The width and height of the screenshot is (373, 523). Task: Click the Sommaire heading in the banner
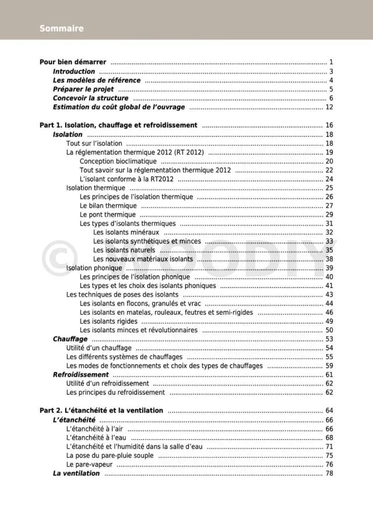point(61,29)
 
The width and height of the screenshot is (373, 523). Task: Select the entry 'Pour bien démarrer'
point(73,62)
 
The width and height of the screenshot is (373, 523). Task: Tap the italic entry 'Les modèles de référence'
point(96,80)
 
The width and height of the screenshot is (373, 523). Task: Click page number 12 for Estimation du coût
point(329,107)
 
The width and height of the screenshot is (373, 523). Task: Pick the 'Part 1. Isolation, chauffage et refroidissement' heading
point(118,125)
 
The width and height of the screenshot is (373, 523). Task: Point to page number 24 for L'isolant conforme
point(329,179)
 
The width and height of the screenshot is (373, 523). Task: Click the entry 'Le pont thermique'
point(108,215)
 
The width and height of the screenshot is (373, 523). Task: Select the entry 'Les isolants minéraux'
point(126,233)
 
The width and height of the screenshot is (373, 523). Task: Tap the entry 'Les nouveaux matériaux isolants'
point(143,259)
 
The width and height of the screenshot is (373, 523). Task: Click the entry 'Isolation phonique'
point(94,268)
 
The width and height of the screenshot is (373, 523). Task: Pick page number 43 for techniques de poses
point(329,295)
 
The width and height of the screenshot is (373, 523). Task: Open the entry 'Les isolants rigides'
point(108,321)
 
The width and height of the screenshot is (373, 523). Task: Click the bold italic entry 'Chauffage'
point(70,339)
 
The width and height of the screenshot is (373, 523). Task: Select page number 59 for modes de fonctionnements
point(329,366)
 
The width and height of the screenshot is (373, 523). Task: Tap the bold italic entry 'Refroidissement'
point(80,375)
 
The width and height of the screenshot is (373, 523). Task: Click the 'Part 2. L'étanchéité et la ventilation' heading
point(101,410)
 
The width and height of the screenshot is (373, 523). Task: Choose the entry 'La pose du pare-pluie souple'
point(110,455)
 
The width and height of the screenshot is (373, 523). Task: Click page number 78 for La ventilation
point(329,473)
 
